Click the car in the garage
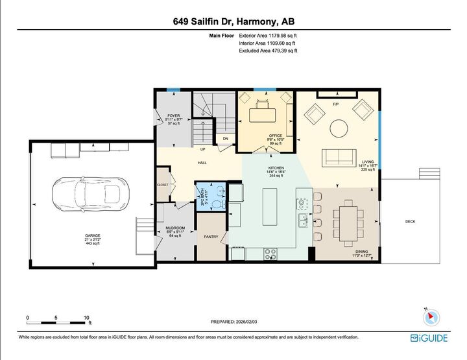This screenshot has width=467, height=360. [x=90, y=194]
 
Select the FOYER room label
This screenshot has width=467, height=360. [x=173, y=115]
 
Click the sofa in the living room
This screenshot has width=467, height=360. [x=339, y=156]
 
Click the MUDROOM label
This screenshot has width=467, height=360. [x=176, y=228]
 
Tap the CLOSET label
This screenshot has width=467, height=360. [x=162, y=184]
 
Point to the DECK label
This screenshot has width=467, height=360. [x=410, y=222]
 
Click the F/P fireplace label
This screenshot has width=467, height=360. [x=335, y=104]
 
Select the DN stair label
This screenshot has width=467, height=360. [x=226, y=138]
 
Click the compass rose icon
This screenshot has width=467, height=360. [x=431, y=317]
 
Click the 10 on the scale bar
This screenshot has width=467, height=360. [x=86, y=318]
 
